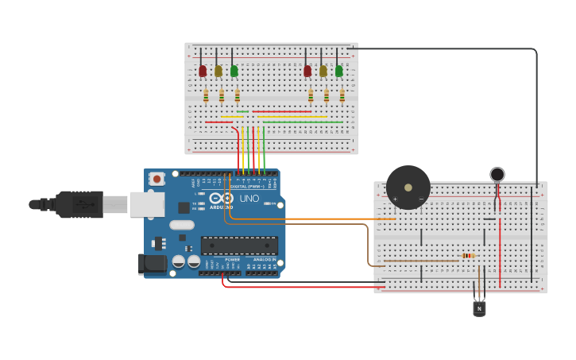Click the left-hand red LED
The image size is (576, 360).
tap(203, 71)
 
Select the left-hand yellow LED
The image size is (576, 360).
tap(218, 71)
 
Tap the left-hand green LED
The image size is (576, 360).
tap(234, 71)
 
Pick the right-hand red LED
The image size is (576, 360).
tap(307, 71)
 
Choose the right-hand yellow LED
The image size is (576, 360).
tap(323, 71)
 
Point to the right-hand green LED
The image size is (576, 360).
tap(339, 71)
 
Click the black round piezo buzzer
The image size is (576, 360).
tap(408, 188)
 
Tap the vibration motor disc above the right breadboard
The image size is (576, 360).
tap(497, 174)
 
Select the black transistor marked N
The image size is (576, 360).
tap(479, 307)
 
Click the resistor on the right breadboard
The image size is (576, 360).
tap(469, 256)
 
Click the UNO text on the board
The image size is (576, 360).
tap(249, 199)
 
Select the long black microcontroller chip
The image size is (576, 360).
tap(239, 246)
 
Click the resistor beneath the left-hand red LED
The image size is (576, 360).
tap(206, 95)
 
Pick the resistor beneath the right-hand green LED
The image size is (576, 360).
tap(342, 95)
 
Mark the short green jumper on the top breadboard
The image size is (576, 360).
tap(242, 111)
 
